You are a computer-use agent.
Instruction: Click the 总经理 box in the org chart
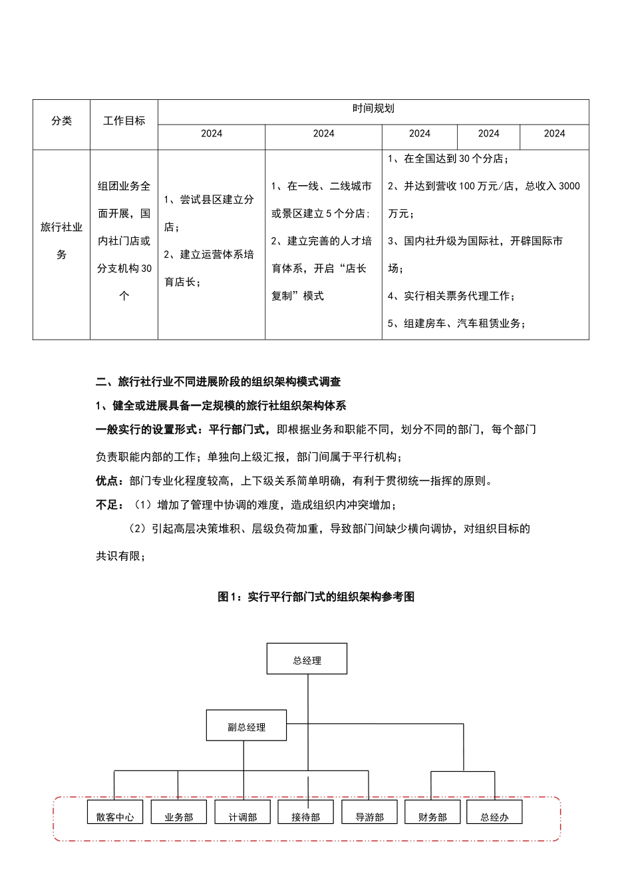coord(307,659)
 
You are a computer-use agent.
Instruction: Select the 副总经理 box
coord(246,725)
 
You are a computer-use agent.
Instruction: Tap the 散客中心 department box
coord(115,812)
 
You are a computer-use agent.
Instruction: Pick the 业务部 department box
coord(178,812)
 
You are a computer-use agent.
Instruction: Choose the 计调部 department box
coord(242,812)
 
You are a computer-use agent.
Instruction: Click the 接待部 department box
coord(305,812)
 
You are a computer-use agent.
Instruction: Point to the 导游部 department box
coord(369,812)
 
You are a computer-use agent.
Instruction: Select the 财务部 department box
coord(432,812)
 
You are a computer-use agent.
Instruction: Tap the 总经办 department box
coord(494,812)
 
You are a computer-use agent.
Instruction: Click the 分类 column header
coord(61,121)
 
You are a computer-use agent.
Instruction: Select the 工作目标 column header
coord(124,121)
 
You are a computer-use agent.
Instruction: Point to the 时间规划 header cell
coord(373,109)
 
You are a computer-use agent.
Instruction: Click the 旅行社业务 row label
coord(61,240)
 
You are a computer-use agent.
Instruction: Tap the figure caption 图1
coord(316,597)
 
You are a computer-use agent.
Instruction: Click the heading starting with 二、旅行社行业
coord(218,382)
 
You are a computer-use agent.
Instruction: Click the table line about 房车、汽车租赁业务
coord(457,324)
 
